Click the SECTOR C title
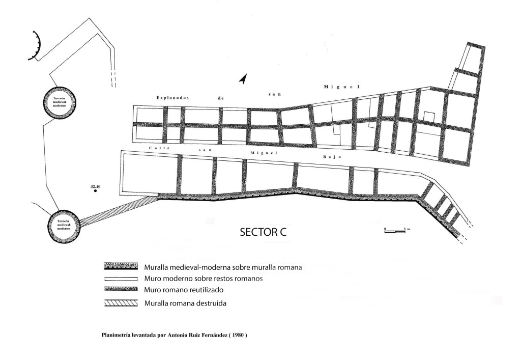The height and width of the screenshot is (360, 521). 263,233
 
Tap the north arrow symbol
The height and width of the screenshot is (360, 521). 243,79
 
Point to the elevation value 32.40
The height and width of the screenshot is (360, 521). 96,187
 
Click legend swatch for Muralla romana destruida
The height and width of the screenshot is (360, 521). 121,303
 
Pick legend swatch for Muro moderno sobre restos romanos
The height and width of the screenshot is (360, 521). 121,279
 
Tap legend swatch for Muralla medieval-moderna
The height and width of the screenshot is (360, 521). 121,267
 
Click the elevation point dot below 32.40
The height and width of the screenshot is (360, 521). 95,192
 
